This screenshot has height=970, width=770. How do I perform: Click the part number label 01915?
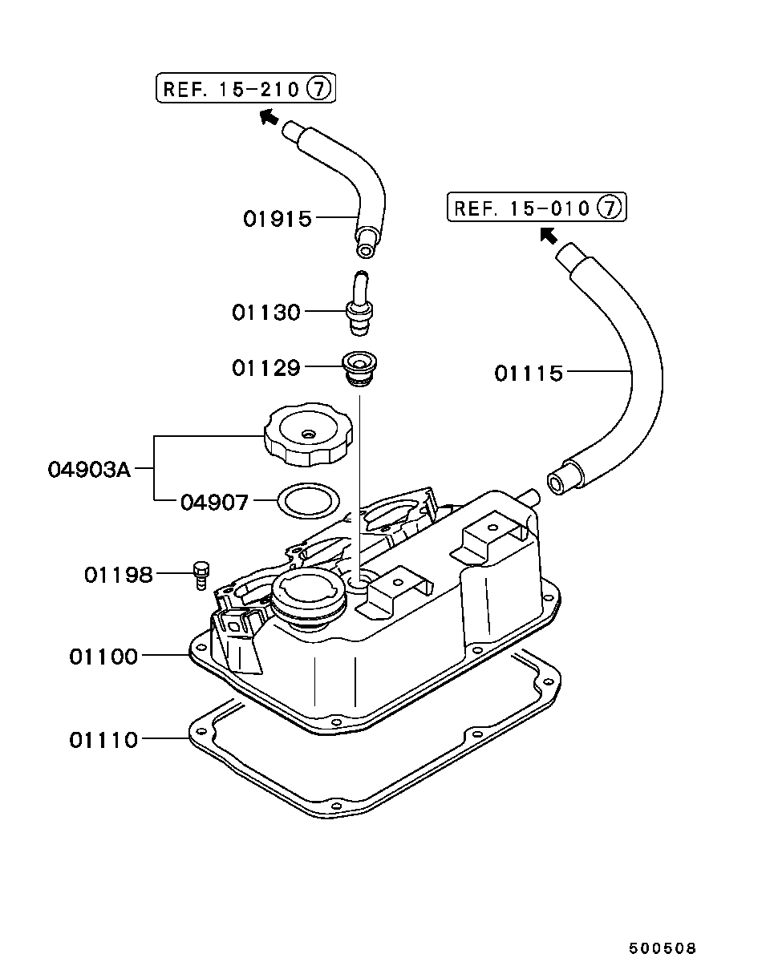(x=278, y=219)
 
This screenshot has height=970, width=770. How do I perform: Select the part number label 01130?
(x=266, y=313)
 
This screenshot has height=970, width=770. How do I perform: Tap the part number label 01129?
(x=266, y=368)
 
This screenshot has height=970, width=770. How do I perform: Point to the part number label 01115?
(x=529, y=374)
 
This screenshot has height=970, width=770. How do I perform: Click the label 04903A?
(x=89, y=470)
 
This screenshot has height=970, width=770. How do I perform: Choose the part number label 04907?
(x=215, y=502)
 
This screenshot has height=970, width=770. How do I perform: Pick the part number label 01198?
(x=119, y=575)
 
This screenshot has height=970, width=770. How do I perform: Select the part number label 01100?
(x=103, y=657)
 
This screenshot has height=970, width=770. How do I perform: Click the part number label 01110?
(x=103, y=740)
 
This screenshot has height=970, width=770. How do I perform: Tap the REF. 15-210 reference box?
(x=246, y=88)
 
